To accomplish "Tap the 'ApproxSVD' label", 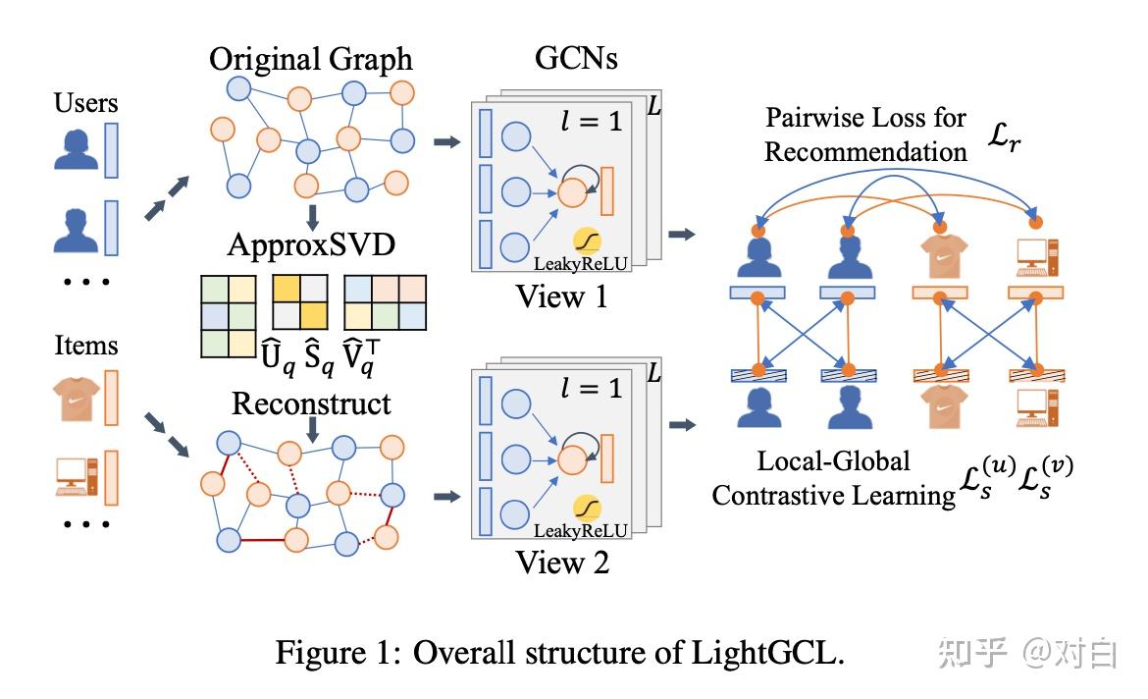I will click(311, 242).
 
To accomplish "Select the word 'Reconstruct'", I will click(311, 403).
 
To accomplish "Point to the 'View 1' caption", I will click(562, 296).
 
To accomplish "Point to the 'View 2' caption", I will click(562, 563).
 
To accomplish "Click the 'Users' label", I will click(86, 103).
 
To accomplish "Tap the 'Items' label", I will click(86, 346).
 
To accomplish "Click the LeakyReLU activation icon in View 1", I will click(589, 242).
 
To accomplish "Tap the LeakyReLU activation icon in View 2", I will click(589, 509).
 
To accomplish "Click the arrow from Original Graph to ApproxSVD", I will click(311, 215).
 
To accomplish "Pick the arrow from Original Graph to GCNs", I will click(447, 143).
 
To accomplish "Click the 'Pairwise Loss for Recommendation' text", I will click(865, 134).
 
